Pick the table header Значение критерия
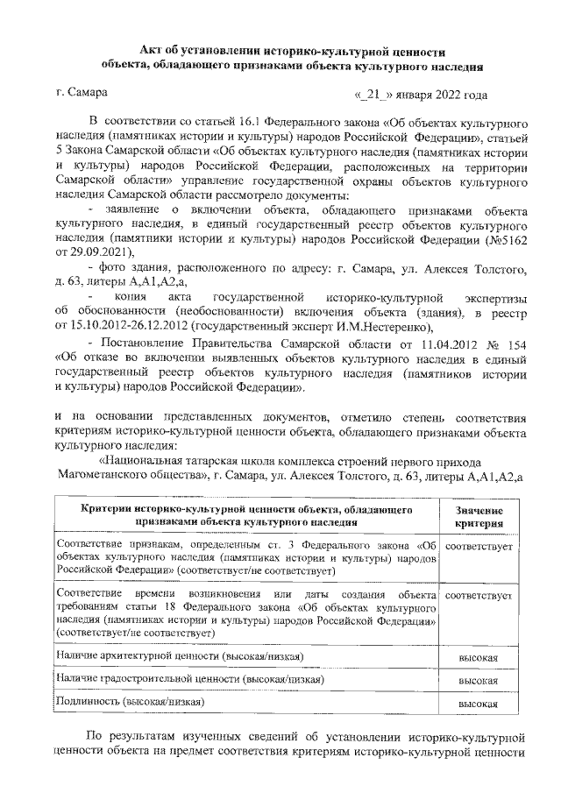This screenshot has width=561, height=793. point(479,516)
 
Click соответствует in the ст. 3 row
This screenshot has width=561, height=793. point(479,546)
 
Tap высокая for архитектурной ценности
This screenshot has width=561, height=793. point(479,657)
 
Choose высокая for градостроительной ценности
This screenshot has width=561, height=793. point(479,679)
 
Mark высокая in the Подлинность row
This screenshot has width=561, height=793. point(479,703)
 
